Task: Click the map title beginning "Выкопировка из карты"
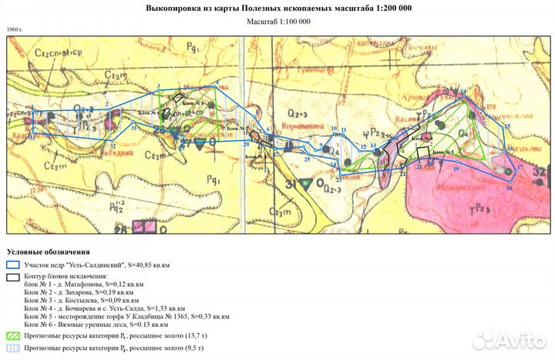(278, 8)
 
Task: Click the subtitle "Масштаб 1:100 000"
(278, 21)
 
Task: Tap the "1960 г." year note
(15, 29)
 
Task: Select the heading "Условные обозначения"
(48, 252)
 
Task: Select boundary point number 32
(113, 146)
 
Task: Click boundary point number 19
(456, 167)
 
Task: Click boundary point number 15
(506, 126)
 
